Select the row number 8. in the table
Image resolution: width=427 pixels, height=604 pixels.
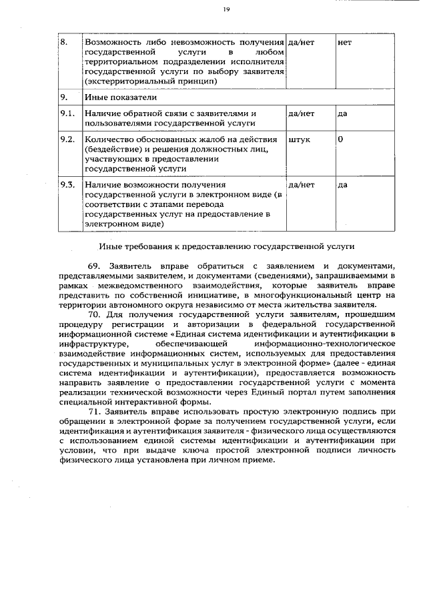(x=64, y=42)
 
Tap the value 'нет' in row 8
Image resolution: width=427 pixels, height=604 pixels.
(x=344, y=42)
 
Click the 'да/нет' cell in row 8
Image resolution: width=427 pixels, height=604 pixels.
(x=300, y=42)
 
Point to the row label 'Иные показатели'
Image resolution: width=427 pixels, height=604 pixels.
(x=117, y=97)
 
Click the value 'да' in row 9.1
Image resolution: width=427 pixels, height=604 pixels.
(x=342, y=113)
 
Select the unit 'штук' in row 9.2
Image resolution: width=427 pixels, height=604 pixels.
(x=298, y=140)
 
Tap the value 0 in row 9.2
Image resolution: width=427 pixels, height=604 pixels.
(x=341, y=140)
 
